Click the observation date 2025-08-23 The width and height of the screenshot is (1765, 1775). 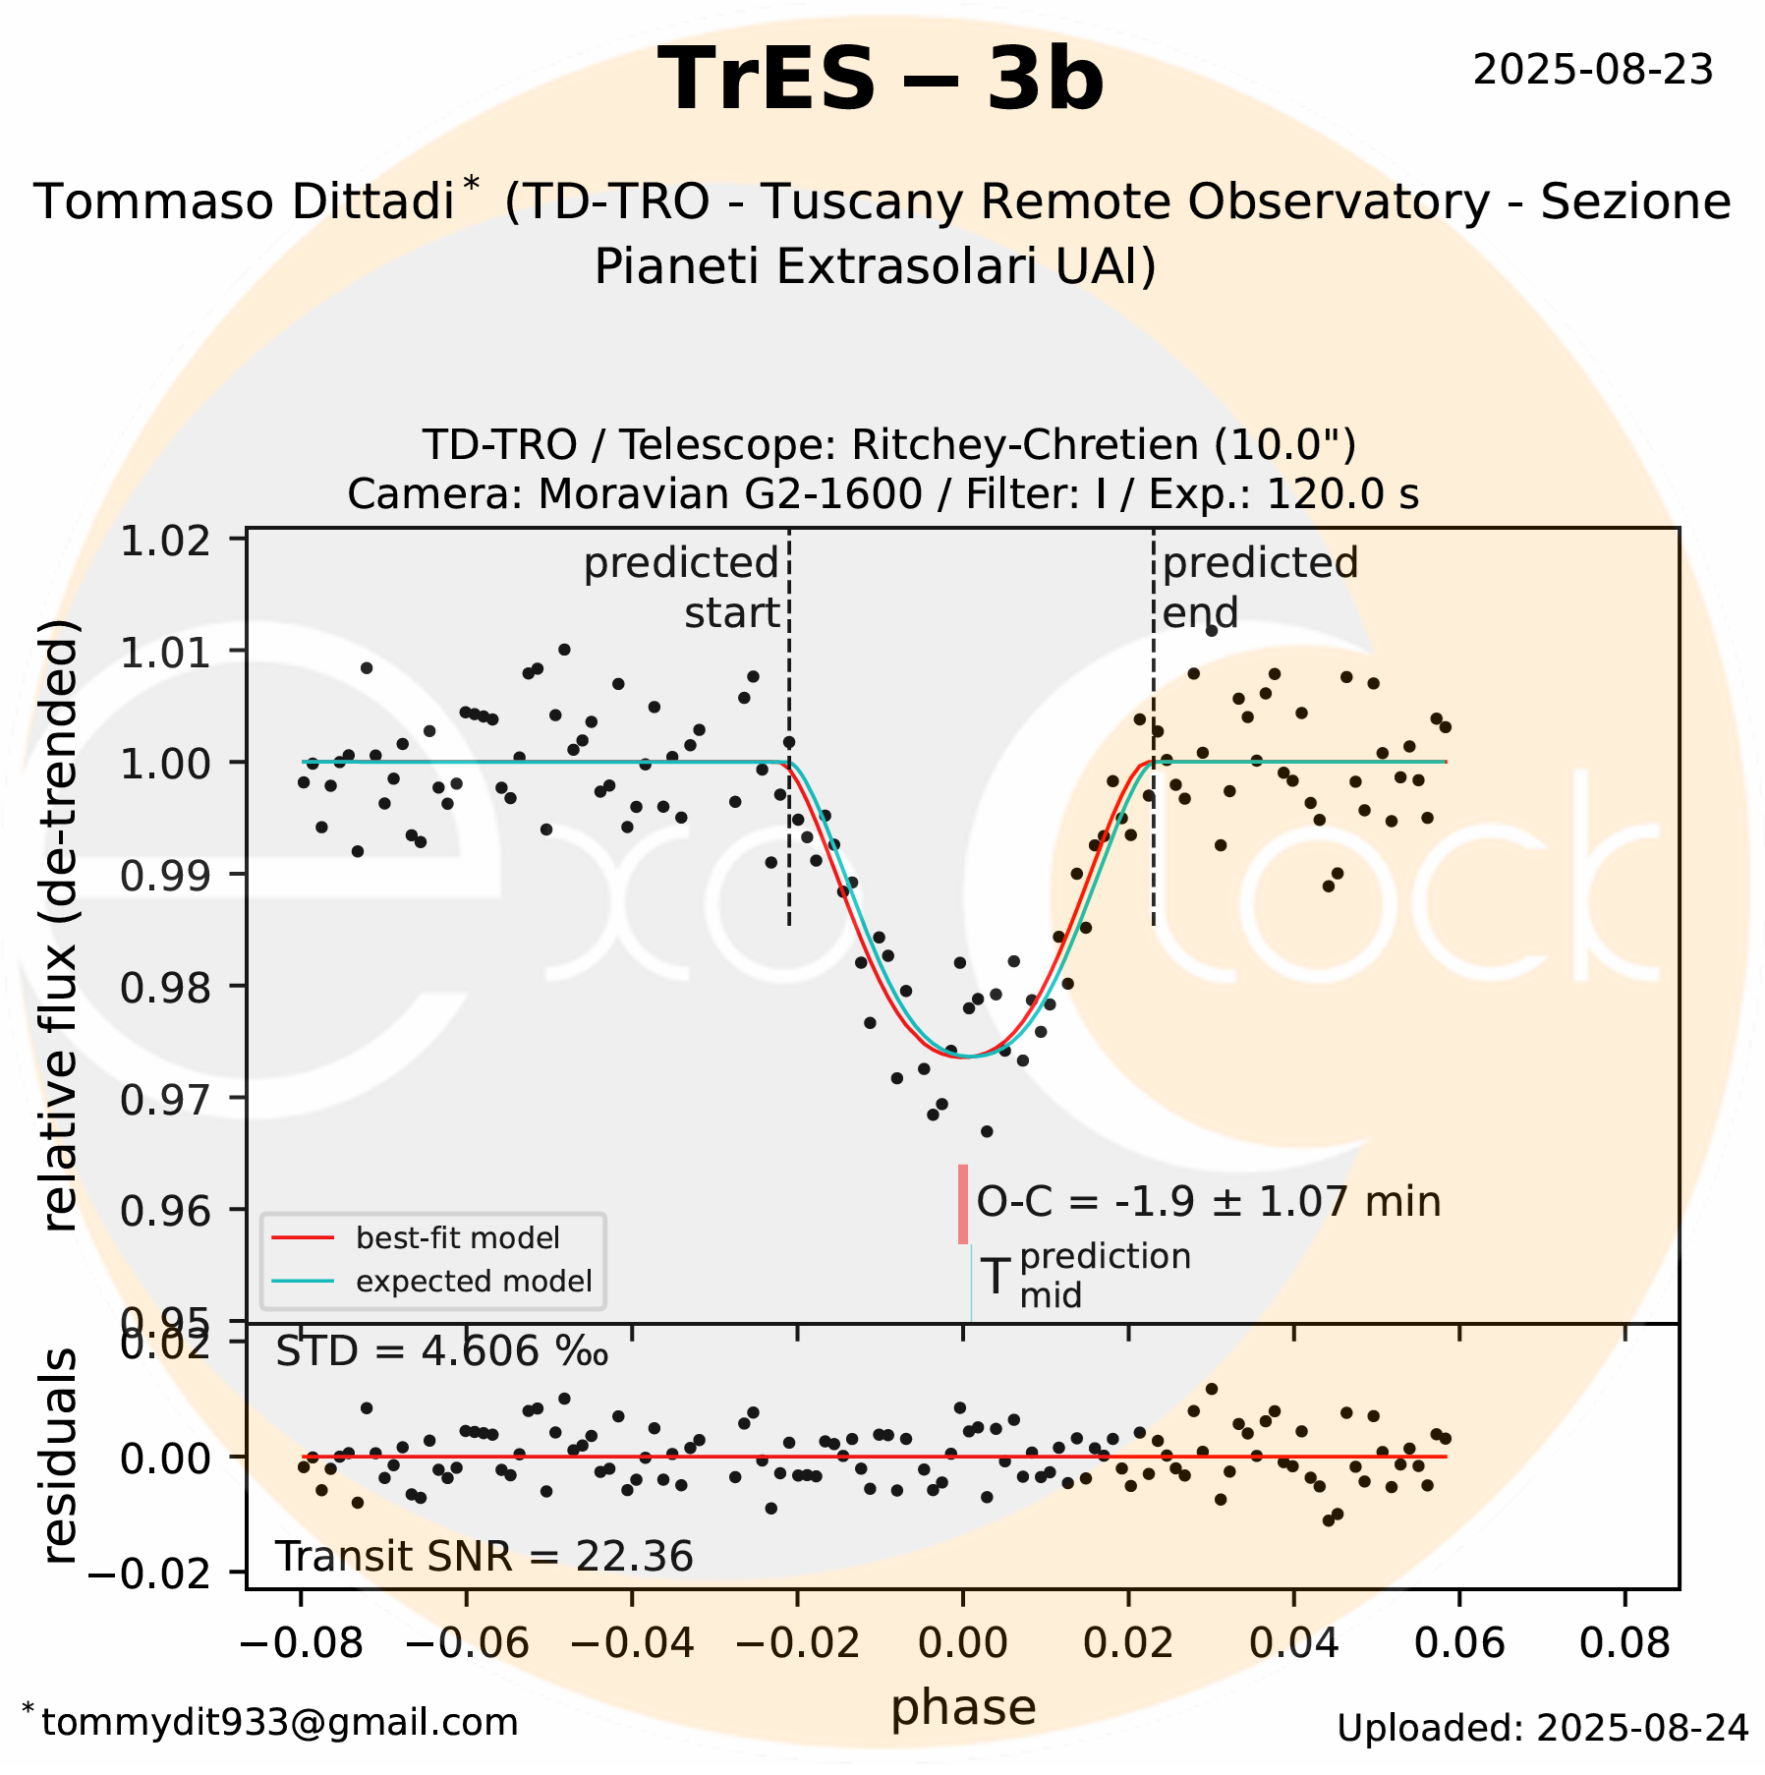[1592, 71]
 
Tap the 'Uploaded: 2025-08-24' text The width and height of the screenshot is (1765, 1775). [1542, 1728]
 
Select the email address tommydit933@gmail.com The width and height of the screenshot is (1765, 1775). [279, 1722]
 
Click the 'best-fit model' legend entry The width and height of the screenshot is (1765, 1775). [457, 1238]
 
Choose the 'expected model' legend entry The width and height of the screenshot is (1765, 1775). [473, 1282]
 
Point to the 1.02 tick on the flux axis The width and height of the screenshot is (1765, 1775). [164, 541]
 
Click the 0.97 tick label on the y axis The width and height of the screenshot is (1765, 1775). [164, 1099]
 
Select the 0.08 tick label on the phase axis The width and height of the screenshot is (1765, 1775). [1624, 1643]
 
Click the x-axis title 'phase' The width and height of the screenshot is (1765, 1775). [963, 1708]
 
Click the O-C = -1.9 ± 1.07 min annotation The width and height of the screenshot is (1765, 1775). [1208, 1202]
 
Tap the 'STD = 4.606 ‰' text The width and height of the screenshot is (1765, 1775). [441, 1352]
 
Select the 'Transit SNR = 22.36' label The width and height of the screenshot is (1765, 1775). [484, 1557]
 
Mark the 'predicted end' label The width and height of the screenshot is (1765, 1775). [1258, 588]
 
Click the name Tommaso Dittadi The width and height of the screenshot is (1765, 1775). [244, 202]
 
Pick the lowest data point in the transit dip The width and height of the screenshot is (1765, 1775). [987, 1132]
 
